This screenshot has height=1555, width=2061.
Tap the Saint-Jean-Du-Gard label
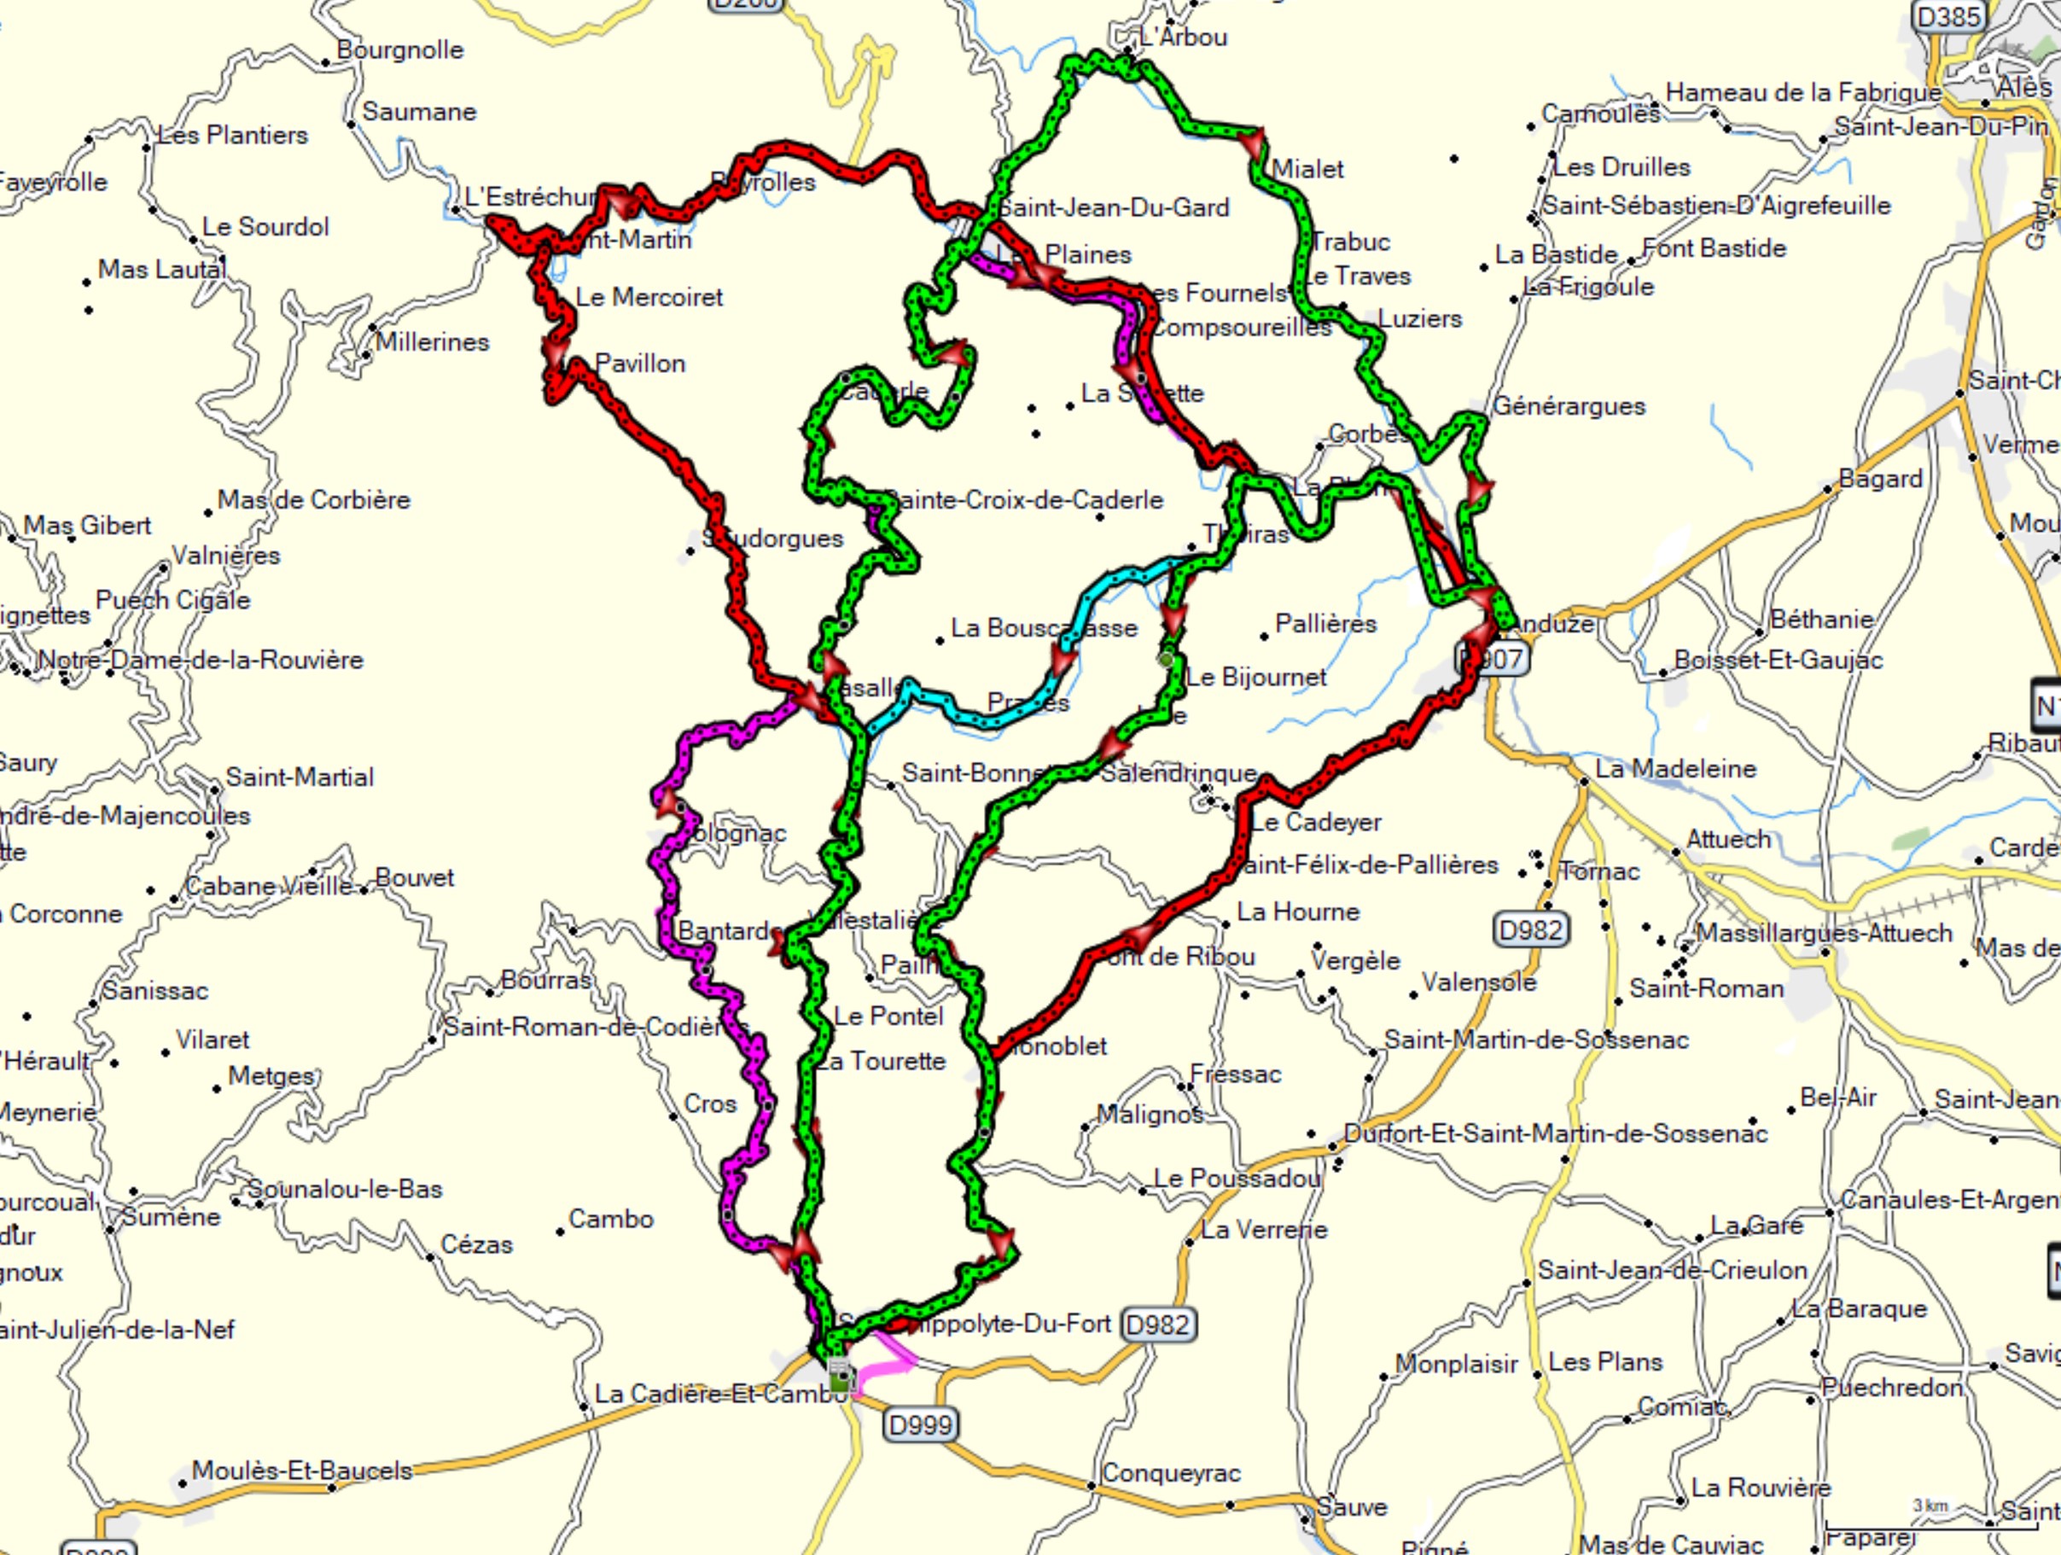click(x=1114, y=207)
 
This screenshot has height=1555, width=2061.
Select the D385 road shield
click(x=1947, y=16)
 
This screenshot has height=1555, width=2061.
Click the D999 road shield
click(x=920, y=1424)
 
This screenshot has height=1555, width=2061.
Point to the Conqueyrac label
click(x=1170, y=1473)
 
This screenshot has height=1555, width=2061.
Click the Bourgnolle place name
click(x=399, y=50)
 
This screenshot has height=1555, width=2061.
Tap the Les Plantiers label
click(x=232, y=135)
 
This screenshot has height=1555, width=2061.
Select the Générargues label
click(x=1569, y=406)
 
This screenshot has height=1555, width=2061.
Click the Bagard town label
click(x=1880, y=479)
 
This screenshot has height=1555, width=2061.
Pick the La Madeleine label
click(x=1675, y=769)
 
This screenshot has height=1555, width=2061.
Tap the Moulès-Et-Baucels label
click(x=301, y=1471)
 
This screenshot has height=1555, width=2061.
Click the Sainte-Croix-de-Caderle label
click(x=1024, y=500)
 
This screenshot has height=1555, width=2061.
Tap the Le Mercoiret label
click(x=649, y=297)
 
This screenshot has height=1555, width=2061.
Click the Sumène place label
click(x=172, y=1217)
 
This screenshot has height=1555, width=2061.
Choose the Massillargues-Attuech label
click(x=1824, y=933)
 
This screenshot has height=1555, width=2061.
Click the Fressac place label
click(x=1235, y=1075)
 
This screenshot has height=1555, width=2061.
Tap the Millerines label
click(x=433, y=342)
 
